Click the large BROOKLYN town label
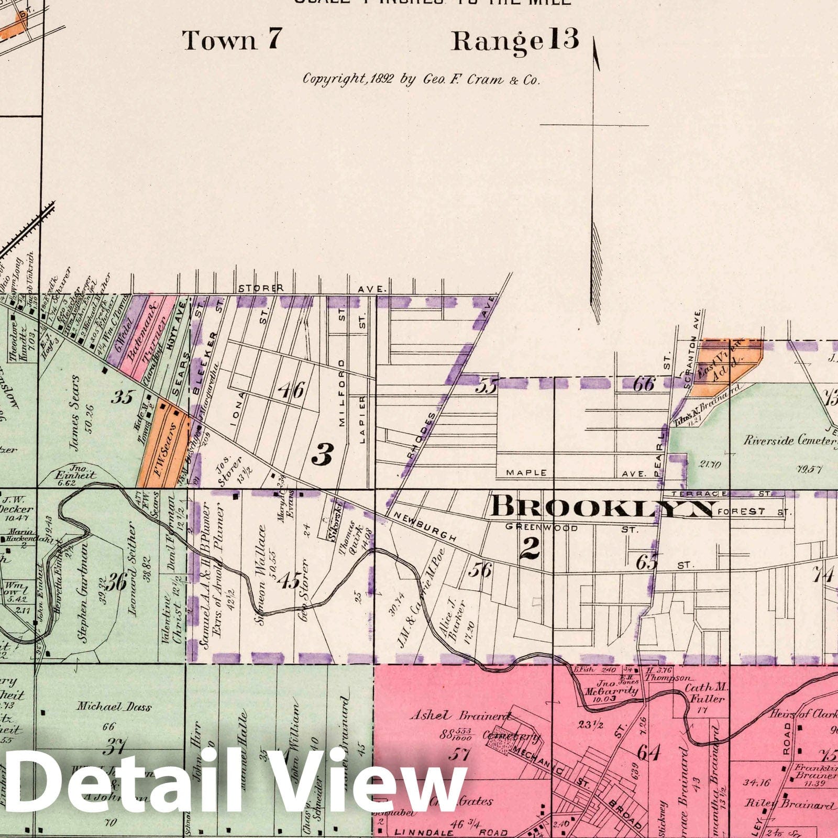pyautogui.click(x=603, y=508)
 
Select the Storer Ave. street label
pyautogui.click(x=313, y=289)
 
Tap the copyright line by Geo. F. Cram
pyautogui.click(x=421, y=79)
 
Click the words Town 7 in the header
pyautogui.click(x=233, y=40)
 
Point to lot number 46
pyautogui.click(x=291, y=390)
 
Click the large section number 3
pyautogui.click(x=322, y=454)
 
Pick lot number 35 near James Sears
pyautogui.click(x=122, y=398)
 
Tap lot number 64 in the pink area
pyautogui.click(x=648, y=753)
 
